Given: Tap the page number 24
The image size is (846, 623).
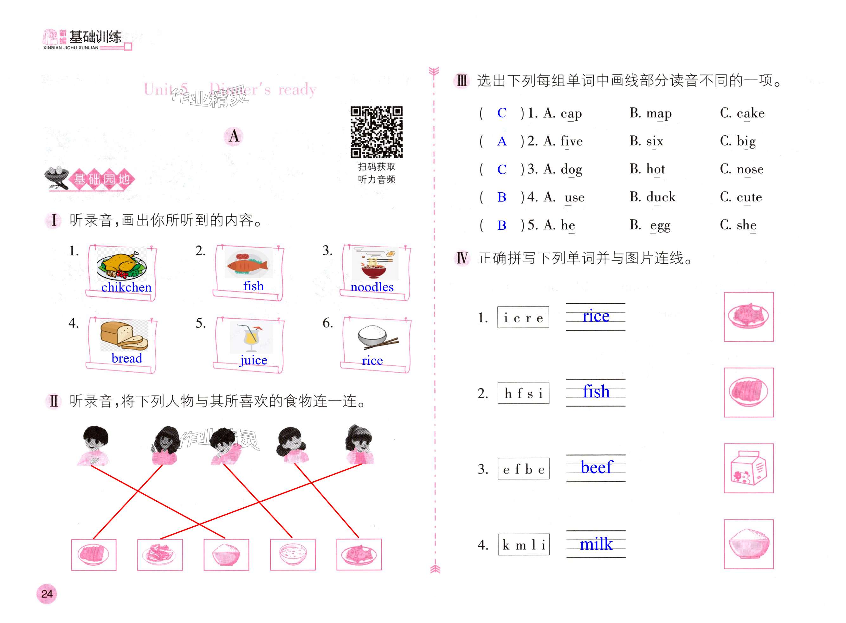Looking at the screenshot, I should [47, 594].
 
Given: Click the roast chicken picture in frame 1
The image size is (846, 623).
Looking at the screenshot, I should [121, 265].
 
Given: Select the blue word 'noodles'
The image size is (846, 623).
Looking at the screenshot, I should [372, 287].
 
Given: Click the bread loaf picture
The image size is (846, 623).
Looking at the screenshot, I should [124, 336].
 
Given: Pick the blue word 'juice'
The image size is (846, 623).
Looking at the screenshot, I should [254, 360].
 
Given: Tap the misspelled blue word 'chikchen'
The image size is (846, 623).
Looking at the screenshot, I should [126, 287].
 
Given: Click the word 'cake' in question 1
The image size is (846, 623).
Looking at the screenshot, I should [750, 113].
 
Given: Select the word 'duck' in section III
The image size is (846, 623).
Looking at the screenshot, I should [661, 197].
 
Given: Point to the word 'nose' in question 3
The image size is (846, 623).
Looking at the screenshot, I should [750, 169].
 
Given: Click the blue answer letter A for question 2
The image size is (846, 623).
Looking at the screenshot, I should [502, 141].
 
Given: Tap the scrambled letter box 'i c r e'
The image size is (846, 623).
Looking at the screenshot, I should [523, 318].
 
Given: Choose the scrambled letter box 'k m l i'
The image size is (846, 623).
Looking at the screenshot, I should [524, 544].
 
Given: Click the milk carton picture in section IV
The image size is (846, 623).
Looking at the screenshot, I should [748, 468].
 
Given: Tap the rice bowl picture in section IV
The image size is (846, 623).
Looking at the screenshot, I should [748, 544].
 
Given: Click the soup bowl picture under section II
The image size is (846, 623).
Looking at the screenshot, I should [293, 554].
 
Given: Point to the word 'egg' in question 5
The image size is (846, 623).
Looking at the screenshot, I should [660, 225].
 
